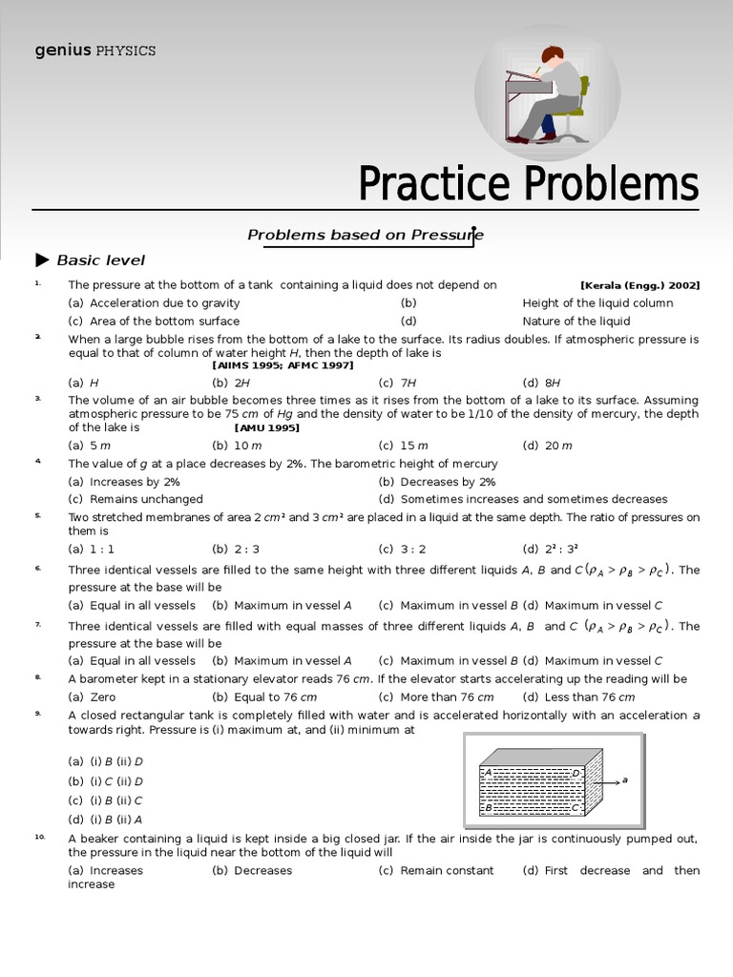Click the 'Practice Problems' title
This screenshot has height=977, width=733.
(x=528, y=183)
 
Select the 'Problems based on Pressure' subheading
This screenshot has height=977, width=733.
(x=366, y=235)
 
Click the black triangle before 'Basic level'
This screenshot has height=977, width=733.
(x=42, y=260)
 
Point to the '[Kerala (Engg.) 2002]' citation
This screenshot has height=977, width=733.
(x=639, y=285)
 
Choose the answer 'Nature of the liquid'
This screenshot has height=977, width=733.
(x=576, y=322)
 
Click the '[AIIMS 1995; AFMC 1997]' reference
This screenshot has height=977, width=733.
(x=283, y=365)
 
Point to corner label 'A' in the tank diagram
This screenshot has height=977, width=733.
(x=488, y=772)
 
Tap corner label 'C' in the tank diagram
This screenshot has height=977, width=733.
(x=576, y=807)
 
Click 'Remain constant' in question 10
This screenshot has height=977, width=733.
(x=447, y=870)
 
